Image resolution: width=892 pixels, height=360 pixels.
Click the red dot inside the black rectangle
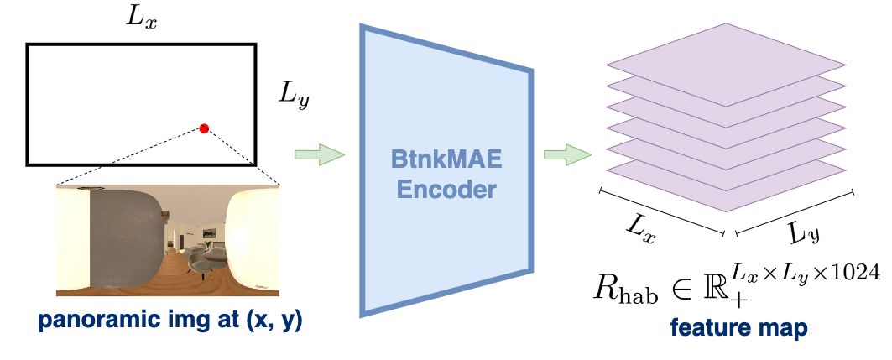[203, 128]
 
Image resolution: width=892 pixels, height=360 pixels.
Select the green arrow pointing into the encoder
[320, 154]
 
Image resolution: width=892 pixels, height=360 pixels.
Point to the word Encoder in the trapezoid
[442, 190]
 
